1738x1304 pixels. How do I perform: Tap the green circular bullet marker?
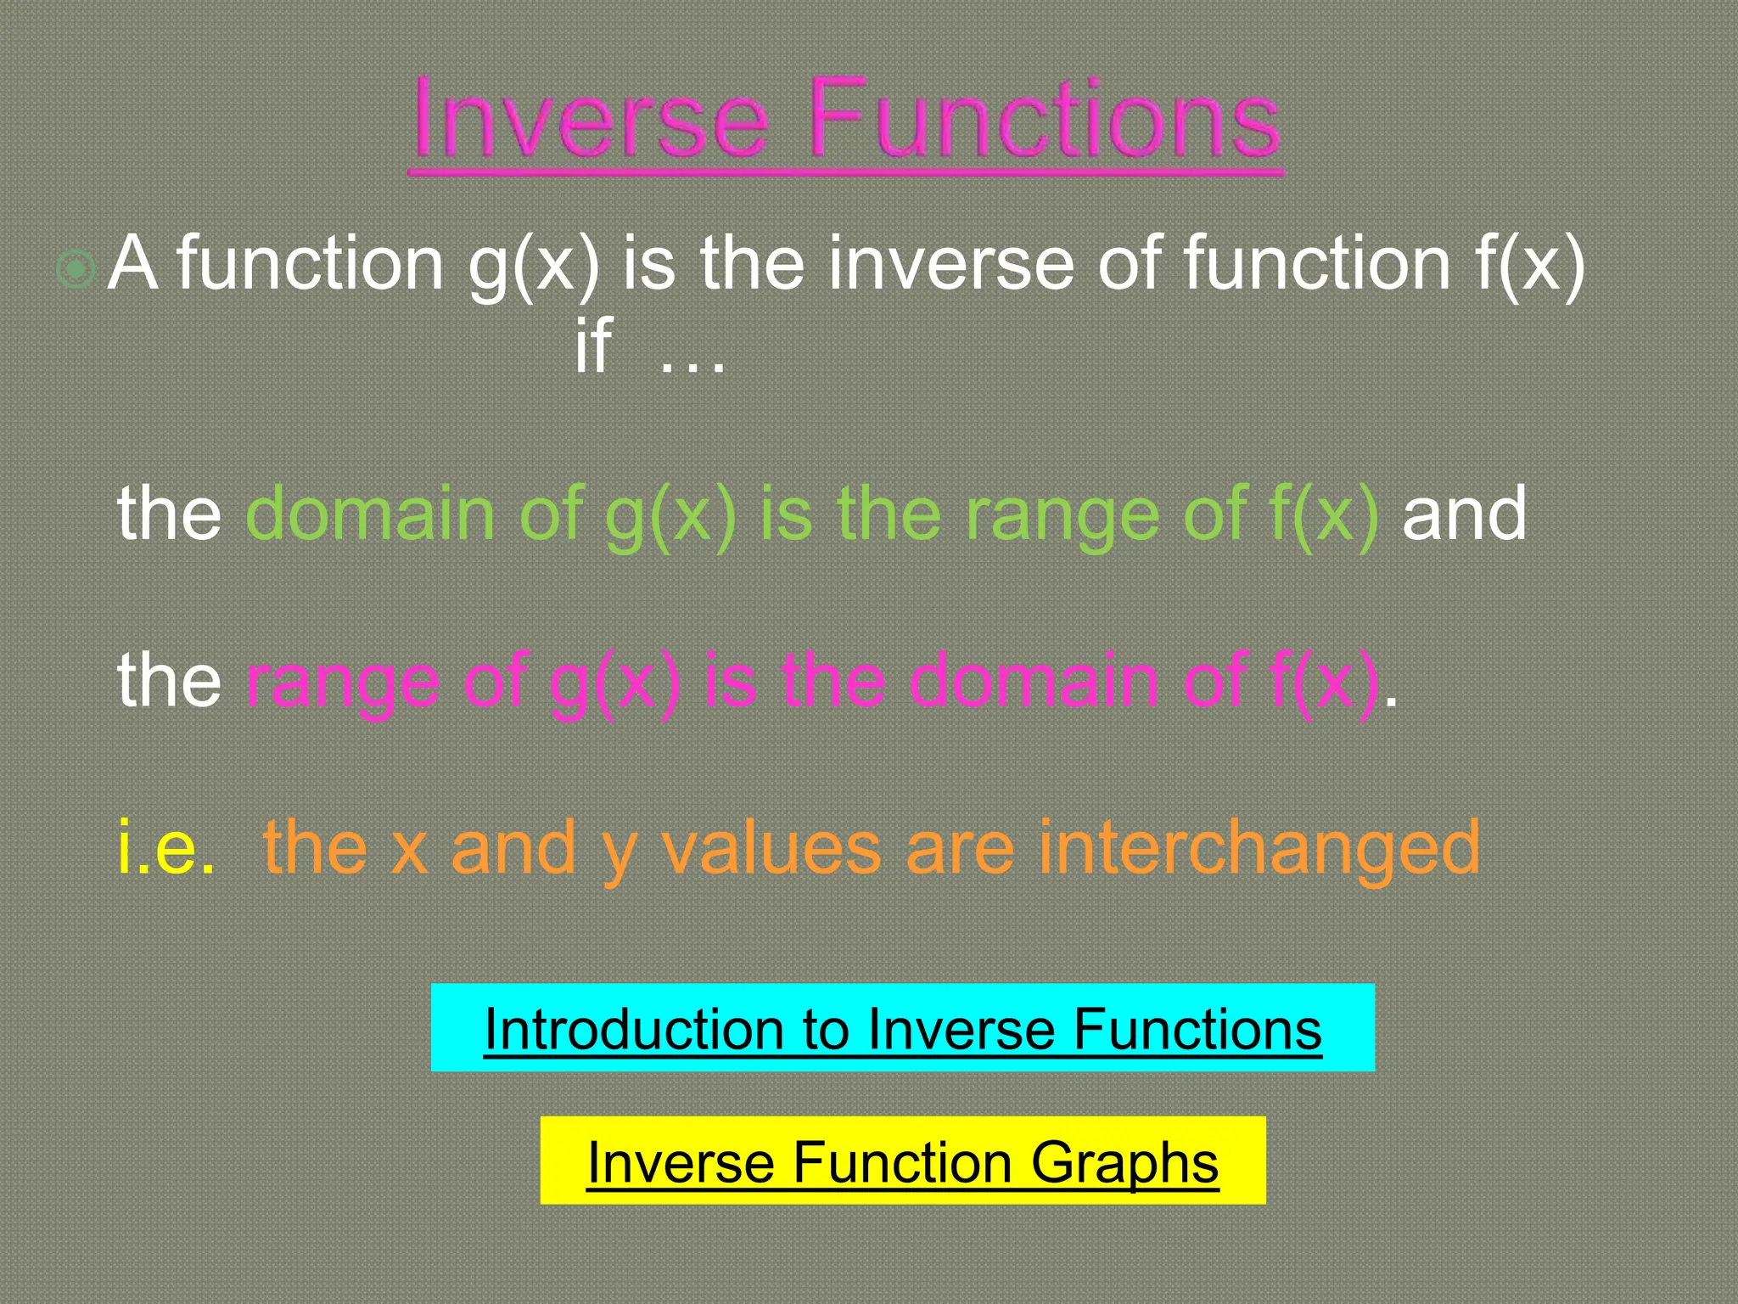[x=76, y=270]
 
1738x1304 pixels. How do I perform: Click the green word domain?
[x=370, y=514]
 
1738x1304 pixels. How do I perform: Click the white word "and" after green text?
[x=1464, y=514]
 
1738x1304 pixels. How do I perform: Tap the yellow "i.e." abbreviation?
[x=166, y=846]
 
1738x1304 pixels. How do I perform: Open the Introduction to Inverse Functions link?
[x=902, y=1029]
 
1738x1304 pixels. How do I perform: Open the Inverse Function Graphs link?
[x=902, y=1161]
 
